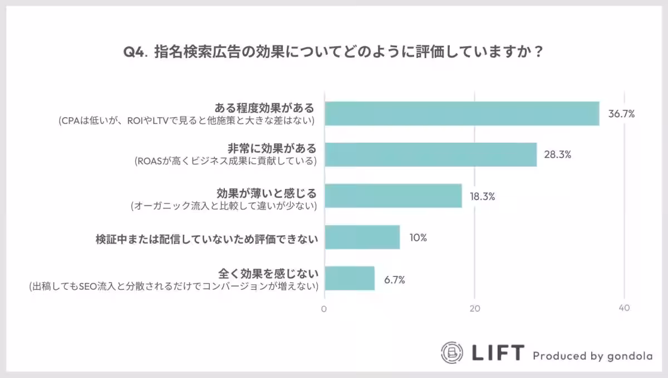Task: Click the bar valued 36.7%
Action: (x=461, y=114)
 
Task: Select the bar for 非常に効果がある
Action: (x=430, y=154)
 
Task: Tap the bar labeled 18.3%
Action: (x=393, y=196)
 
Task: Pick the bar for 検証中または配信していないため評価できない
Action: (x=362, y=237)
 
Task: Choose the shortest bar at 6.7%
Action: (x=349, y=278)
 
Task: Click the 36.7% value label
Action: (x=621, y=114)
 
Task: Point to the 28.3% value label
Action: (x=558, y=155)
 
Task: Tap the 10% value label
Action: (x=418, y=238)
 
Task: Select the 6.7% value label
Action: (x=394, y=279)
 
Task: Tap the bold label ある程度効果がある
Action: (x=265, y=107)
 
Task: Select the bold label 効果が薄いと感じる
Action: (x=266, y=193)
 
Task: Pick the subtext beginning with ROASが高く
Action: (x=225, y=162)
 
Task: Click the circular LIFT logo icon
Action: (x=452, y=352)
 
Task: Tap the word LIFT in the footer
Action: (x=498, y=352)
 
